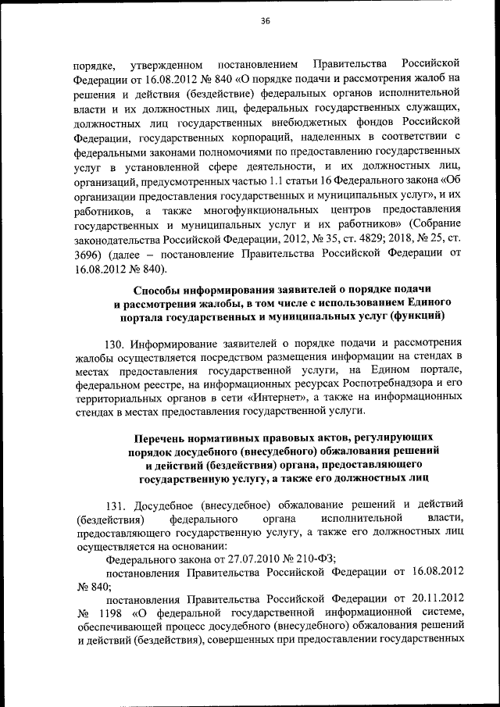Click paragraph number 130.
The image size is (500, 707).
pos(113,344)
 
